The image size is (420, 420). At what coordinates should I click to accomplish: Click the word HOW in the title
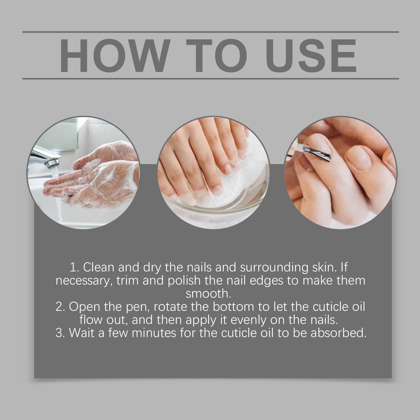[113, 56]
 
